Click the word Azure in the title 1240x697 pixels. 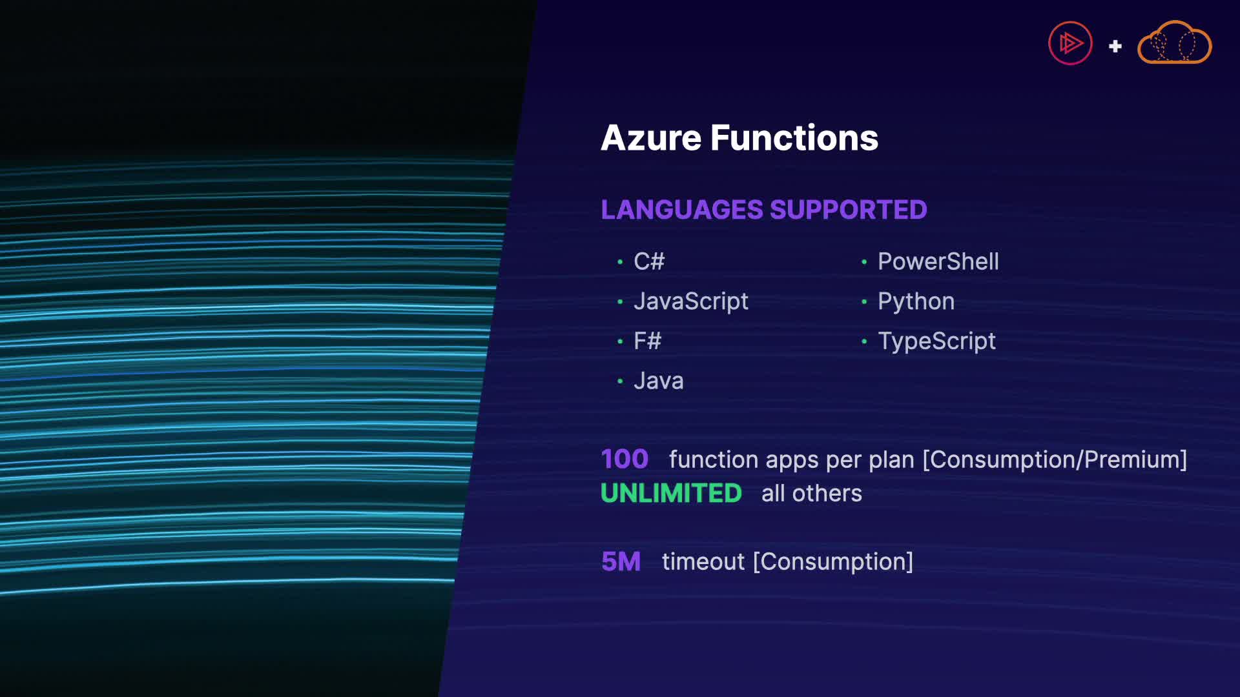(x=650, y=138)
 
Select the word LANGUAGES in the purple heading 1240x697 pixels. (x=682, y=210)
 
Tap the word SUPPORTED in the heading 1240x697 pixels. (x=848, y=210)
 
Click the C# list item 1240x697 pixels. (x=649, y=261)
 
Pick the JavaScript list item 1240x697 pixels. (x=691, y=301)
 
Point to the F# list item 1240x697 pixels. (x=648, y=341)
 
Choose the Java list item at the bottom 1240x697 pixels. (x=659, y=381)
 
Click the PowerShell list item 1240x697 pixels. (x=938, y=261)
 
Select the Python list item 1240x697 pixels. (x=916, y=301)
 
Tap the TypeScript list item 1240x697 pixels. (x=936, y=341)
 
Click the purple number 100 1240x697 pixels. (x=625, y=459)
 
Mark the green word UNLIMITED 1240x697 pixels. (x=671, y=493)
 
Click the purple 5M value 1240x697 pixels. (x=621, y=561)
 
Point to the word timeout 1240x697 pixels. (x=703, y=561)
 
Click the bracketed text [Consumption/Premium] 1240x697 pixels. (x=1055, y=460)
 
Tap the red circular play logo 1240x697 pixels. (x=1070, y=43)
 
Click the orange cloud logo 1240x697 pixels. (x=1174, y=43)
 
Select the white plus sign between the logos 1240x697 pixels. (x=1115, y=46)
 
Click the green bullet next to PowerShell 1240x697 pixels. (x=864, y=261)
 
